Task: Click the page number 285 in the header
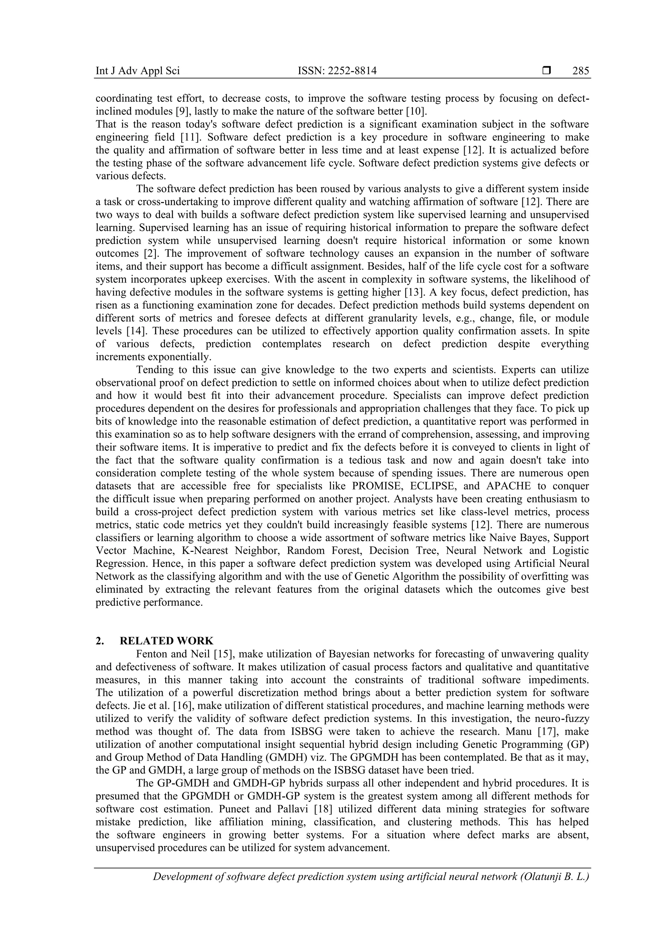pyautogui.click(x=580, y=71)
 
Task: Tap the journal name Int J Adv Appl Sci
pyautogui.click(x=138, y=71)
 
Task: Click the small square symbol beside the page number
pyautogui.click(x=547, y=71)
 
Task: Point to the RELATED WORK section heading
pyautogui.click(x=167, y=641)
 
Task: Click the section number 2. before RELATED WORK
pyautogui.click(x=99, y=641)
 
